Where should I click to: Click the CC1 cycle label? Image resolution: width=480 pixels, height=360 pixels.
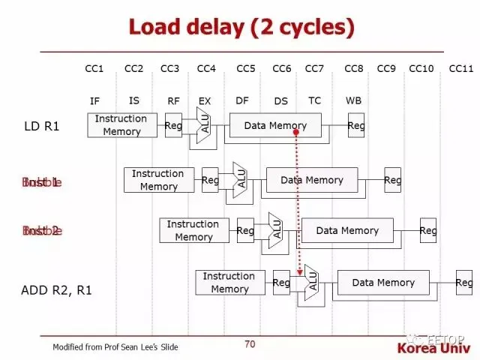94,69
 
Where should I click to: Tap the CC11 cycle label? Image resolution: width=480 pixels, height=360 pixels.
460,69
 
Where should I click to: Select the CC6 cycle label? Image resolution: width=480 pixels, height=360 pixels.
281,69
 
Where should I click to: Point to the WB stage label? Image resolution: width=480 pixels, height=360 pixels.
353,100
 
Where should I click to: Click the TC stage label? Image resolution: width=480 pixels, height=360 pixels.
315,100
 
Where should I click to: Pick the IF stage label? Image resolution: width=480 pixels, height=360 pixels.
94,100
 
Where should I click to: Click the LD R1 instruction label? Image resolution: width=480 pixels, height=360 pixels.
42,125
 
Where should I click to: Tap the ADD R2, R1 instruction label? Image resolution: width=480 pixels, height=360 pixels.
56,289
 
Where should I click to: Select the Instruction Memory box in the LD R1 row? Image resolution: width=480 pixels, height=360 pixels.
122,125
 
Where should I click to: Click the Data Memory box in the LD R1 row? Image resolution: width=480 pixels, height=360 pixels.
275,125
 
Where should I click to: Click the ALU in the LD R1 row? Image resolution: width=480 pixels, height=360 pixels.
204,125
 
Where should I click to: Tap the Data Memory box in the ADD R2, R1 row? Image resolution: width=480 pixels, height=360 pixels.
383,283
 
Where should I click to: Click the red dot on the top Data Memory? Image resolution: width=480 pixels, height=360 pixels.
296,131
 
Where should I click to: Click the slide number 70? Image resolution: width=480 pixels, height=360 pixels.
250,344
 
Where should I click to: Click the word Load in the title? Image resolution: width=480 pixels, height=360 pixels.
155,28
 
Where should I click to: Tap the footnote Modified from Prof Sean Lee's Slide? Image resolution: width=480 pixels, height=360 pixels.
115,347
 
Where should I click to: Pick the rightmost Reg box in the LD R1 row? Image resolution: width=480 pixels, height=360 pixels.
356,125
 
